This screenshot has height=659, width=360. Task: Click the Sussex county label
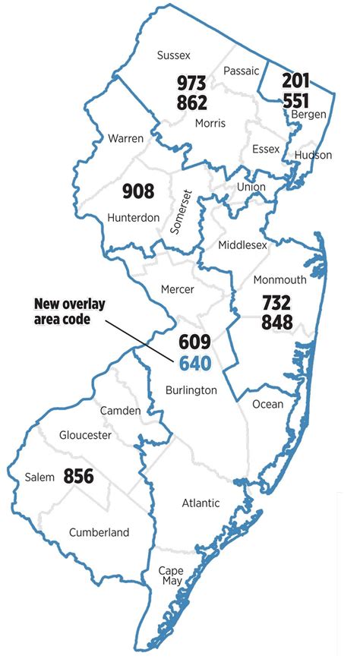(x=173, y=55)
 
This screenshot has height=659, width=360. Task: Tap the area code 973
(x=192, y=83)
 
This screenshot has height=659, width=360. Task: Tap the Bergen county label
(x=308, y=115)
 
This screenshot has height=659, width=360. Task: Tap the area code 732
(x=276, y=303)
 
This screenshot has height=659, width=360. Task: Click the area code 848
(x=276, y=322)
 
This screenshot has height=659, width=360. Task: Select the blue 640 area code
(x=194, y=362)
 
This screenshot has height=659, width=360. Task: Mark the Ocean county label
(x=267, y=404)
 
